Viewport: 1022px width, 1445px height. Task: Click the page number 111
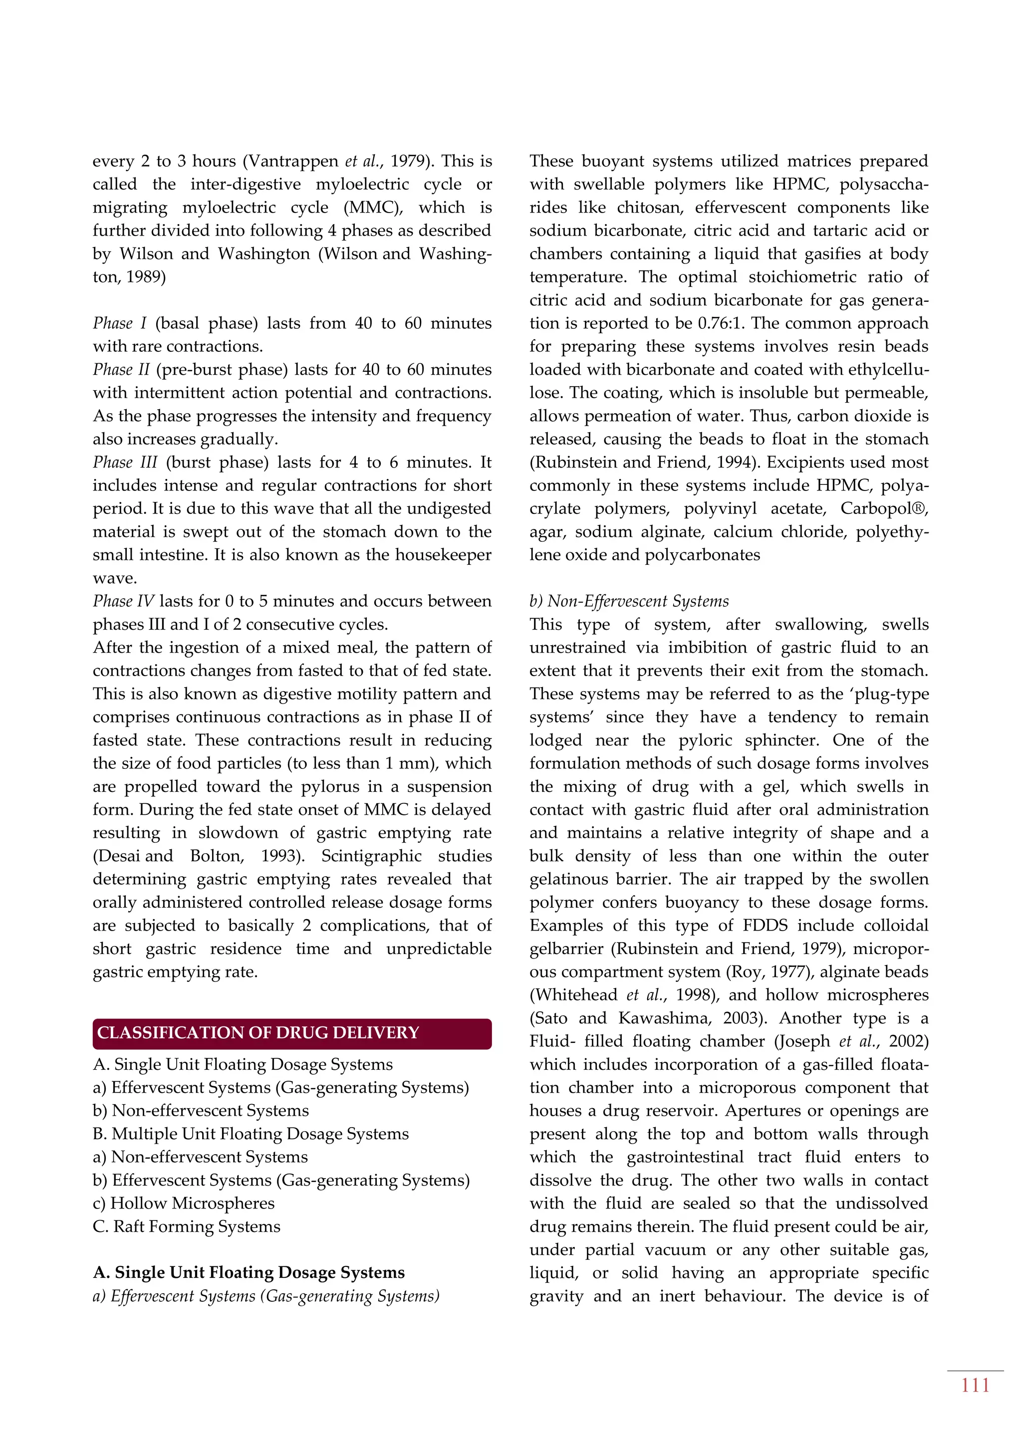975,1385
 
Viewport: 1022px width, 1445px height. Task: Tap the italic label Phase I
120,323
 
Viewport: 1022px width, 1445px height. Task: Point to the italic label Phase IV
123,601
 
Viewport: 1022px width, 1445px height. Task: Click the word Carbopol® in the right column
884,508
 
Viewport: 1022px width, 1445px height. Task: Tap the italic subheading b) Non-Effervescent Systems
629,601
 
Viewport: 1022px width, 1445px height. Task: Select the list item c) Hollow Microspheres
184,1204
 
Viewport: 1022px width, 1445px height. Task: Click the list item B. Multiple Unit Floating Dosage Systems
251,1134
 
